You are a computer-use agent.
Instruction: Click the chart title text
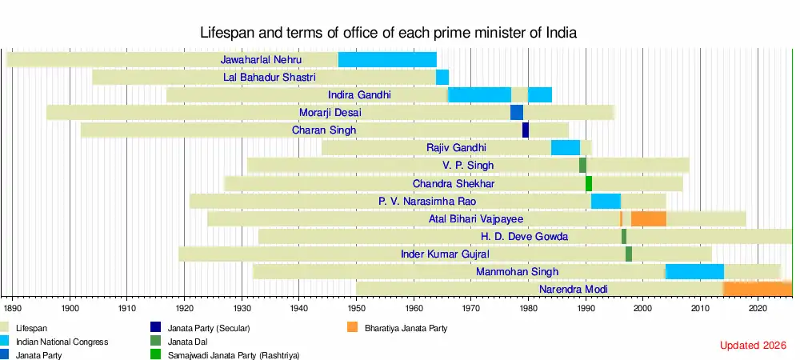[388, 33]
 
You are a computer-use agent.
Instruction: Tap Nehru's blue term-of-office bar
[387, 60]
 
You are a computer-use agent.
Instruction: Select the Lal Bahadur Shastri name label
[270, 78]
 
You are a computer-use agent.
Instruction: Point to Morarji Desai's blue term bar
[517, 113]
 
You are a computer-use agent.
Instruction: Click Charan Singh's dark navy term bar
[526, 130]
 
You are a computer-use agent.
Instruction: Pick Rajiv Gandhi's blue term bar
[566, 148]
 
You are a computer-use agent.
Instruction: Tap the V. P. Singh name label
[468, 166]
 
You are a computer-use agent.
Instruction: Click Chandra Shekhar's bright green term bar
[589, 183]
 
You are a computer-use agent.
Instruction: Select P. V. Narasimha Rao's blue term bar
[606, 201]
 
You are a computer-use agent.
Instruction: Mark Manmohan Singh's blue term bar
[694, 271]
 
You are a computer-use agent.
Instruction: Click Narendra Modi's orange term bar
[758, 289]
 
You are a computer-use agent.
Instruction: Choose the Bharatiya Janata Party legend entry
[406, 328]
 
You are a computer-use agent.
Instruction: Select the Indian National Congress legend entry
[62, 342]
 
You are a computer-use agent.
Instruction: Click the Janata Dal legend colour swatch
[155, 342]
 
